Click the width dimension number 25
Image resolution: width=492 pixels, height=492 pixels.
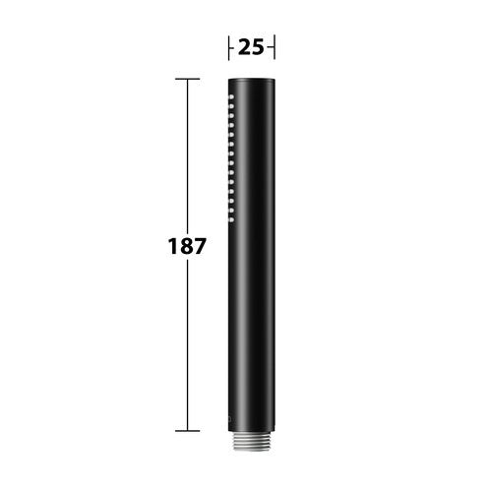point(251,47)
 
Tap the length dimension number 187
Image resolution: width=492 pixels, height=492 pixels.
point(187,246)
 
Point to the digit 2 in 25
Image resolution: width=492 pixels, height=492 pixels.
point(244,47)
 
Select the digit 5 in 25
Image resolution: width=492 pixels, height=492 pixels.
point(258,47)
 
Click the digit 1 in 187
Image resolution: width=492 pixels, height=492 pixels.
point(172,246)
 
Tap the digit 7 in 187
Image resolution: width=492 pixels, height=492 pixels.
point(200,246)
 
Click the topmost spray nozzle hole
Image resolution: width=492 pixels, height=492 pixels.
point(231,96)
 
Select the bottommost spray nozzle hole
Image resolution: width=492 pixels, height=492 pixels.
point(231,219)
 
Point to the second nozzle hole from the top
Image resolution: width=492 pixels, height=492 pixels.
point(231,106)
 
